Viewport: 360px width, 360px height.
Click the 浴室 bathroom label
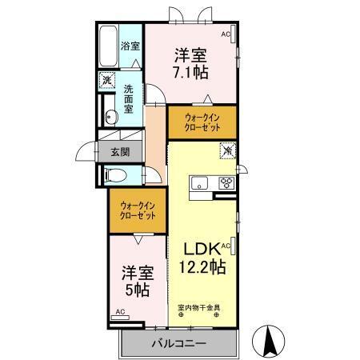point(130,46)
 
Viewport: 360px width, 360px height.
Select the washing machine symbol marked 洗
point(107,81)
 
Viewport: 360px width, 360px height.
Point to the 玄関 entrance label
point(120,151)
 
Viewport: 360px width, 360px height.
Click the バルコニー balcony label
point(178,342)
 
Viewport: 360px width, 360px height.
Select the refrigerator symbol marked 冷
point(227,149)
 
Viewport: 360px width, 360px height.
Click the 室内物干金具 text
point(199,307)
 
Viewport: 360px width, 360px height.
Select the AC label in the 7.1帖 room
point(226,34)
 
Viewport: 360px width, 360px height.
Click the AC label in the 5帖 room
point(120,312)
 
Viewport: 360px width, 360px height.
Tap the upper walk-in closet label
point(202,122)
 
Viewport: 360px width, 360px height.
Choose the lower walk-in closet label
point(138,210)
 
